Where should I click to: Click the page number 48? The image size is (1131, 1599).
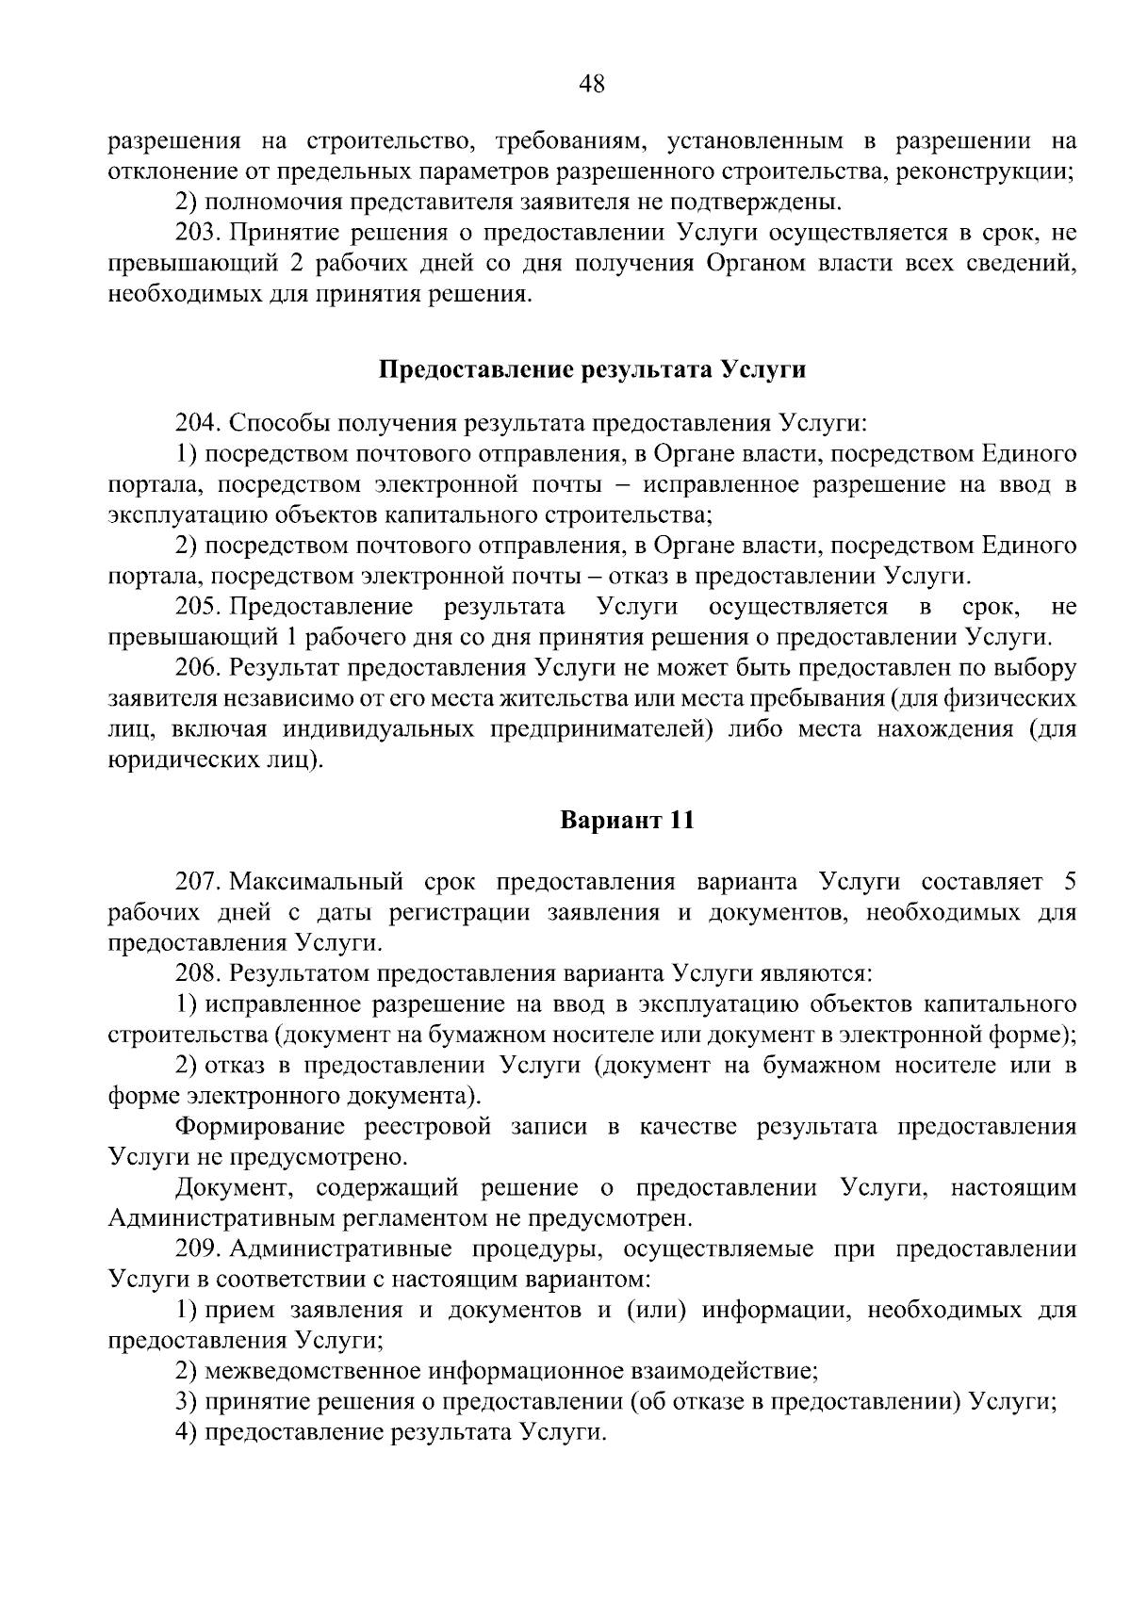(x=591, y=85)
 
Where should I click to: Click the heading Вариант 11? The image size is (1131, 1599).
(x=627, y=820)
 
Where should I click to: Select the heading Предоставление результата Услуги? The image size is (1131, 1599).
(x=592, y=369)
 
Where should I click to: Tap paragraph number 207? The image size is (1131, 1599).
(x=195, y=882)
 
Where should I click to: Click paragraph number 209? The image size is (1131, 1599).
(x=195, y=1249)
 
